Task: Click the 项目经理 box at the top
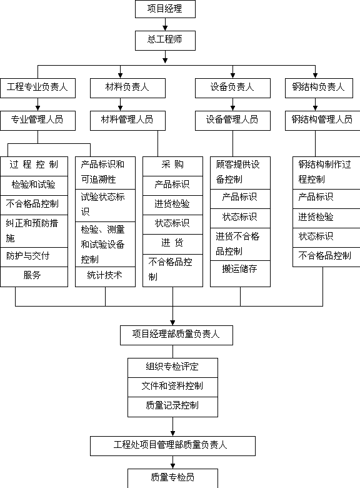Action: tap(165, 9)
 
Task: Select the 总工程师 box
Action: tap(165, 41)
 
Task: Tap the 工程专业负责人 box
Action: tap(37, 88)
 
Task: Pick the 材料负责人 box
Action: tap(127, 88)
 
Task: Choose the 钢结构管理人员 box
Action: tap(322, 121)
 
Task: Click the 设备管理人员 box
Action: tap(232, 121)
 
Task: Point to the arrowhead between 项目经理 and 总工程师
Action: tap(165, 28)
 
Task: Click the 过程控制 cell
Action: tap(34, 166)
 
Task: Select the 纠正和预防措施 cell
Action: tap(34, 231)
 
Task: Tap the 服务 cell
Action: tap(34, 277)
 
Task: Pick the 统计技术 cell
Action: tap(105, 277)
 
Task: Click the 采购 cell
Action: tap(172, 166)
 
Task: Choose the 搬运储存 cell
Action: tap(240, 273)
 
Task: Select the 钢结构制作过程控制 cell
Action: tap(326, 173)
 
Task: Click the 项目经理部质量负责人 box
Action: tap(176, 335)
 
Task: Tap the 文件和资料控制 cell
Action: tap(172, 387)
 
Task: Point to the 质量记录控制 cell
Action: tap(172, 407)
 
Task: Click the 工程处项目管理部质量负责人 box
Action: tap(172, 446)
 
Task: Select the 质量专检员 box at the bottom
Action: tap(172, 479)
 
